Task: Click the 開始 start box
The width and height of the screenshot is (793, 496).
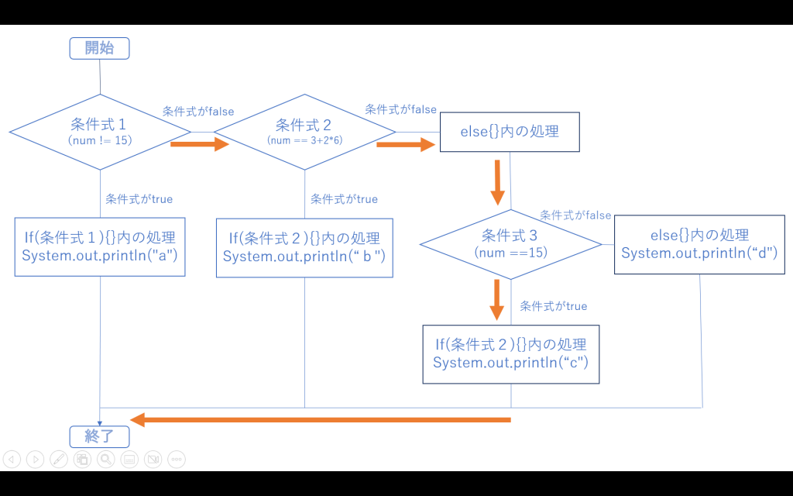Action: [99, 48]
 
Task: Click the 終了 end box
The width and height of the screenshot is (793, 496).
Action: [99, 436]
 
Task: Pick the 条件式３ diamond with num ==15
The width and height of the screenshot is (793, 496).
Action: [510, 243]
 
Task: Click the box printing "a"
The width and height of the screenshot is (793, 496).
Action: [100, 247]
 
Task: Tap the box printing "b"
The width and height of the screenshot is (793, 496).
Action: [304, 247]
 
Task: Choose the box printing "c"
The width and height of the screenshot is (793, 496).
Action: [510, 353]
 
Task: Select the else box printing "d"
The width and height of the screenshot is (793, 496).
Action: [699, 244]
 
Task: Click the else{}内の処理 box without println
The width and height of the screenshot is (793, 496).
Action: [510, 131]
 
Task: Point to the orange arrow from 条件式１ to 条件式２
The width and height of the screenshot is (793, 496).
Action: [200, 143]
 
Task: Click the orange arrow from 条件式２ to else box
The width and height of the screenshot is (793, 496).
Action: [405, 143]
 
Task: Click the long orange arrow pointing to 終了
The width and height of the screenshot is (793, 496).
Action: [321, 419]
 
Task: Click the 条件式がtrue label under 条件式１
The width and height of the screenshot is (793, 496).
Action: [139, 199]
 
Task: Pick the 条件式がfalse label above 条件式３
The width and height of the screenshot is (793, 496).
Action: [575, 215]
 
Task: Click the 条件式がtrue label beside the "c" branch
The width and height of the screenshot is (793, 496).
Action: [553, 306]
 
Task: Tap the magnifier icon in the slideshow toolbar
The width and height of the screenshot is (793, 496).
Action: [106, 459]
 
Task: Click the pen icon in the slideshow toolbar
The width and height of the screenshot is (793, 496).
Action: [59, 459]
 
